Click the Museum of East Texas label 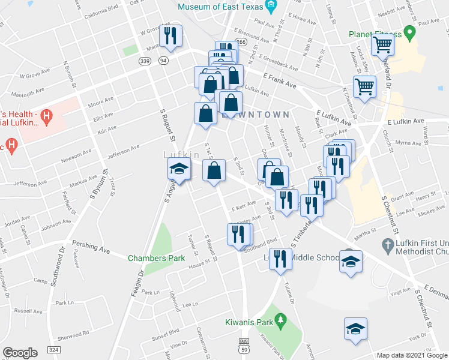tap(221, 7)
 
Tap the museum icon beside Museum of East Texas tap(271, 7)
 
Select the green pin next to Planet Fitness tap(411, 32)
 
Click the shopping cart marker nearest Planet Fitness tap(382, 43)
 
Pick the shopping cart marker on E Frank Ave tap(364, 86)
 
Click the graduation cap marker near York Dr tap(355, 329)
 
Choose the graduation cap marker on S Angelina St tap(178, 170)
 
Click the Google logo tap(20, 353)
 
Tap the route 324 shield tap(54, 349)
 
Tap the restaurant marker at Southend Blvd tap(238, 233)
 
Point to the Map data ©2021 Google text tap(411, 355)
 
